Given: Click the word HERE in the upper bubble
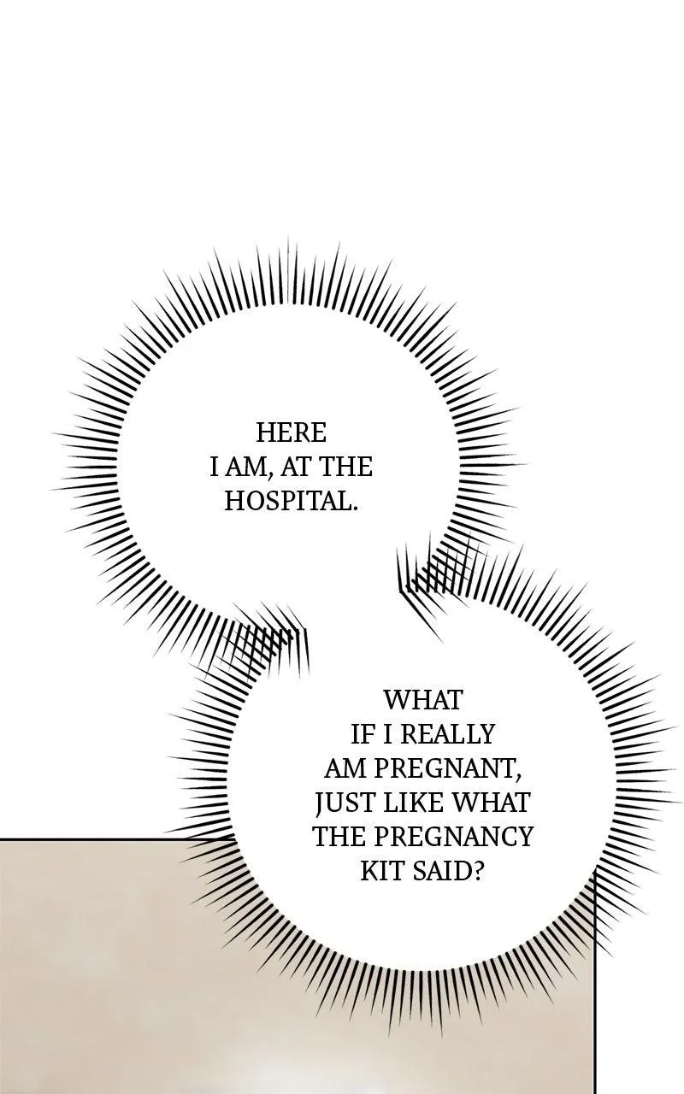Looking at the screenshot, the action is (291, 432).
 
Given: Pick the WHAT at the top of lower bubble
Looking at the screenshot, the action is (422, 700).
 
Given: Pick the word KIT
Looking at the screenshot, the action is (381, 871).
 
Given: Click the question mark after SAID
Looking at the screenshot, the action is (478, 871).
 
